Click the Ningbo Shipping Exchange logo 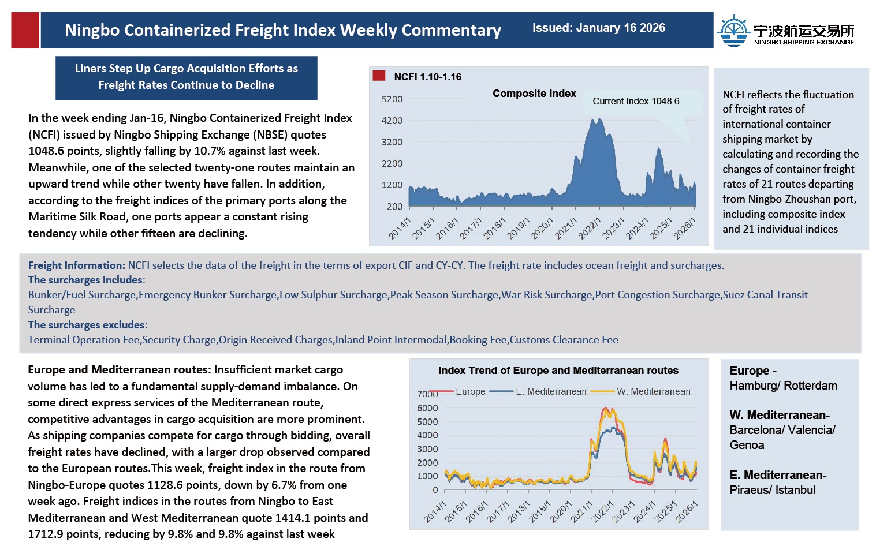(x=786, y=31)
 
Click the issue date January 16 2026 (x=598, y=28)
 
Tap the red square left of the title (x=25, y=30)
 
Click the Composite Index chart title (x=534, y=94)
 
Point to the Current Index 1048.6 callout (x=636, y=102)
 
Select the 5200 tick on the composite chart (x=392, y=99)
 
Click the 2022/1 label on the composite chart (x=590, y=229)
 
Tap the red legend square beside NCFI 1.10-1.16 (x=379, y=76)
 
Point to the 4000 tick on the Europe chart (x=427, y=435)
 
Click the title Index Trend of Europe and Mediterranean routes (x=558, y=371)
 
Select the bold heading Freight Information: (x=76, y=265)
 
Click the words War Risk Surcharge (x=546, y=295)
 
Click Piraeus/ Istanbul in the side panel (x=772, y=490)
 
